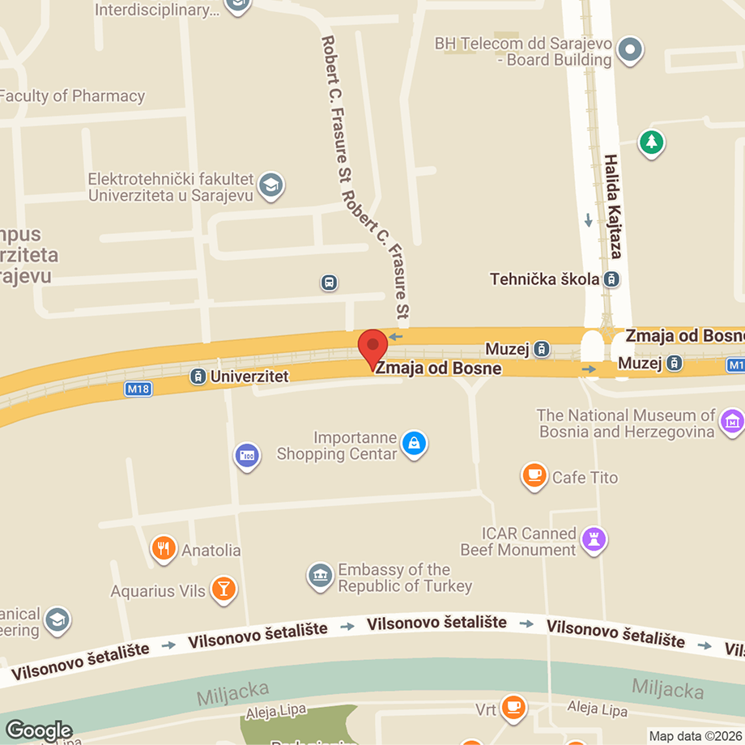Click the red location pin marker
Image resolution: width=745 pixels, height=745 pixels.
372,348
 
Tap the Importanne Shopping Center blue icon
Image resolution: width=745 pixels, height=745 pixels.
414,444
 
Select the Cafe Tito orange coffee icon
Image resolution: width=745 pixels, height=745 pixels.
534,476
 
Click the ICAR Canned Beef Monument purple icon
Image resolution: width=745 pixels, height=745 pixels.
595,541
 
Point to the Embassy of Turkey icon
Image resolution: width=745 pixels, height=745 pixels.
321,577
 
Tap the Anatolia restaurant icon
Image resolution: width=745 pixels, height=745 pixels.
164,550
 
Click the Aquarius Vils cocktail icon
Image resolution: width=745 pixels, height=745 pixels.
223,590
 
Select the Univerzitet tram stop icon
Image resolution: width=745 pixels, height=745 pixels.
197,377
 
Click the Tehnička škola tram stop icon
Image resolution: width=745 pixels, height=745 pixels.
612,279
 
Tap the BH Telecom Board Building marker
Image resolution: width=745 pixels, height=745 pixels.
630,50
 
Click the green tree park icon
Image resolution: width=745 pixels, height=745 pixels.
651,144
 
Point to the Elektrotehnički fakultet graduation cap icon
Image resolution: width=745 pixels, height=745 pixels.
270,186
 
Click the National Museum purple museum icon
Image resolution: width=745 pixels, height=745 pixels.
731,421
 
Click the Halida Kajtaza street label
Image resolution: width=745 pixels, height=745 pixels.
612,206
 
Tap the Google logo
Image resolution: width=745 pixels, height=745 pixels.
38,730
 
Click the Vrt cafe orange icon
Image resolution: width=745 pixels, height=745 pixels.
513,709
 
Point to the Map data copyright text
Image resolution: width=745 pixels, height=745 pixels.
696,736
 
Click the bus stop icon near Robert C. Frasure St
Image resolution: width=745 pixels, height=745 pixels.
329,283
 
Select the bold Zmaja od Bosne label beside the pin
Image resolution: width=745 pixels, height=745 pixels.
439,368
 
